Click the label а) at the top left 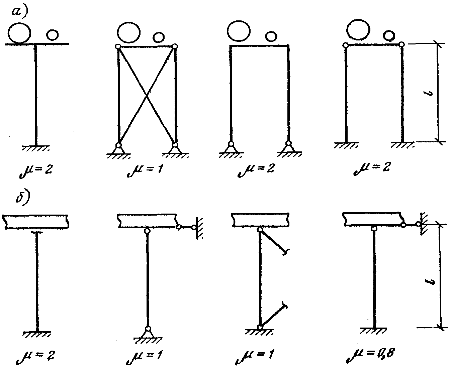[x=20, y=11]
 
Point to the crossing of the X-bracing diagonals [x=146, y=95]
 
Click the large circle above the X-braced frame [x=129, y=32]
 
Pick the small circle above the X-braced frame [x=159, y=37]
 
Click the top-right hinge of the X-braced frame [x=175, y=46]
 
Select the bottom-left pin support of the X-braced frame [x=118, y=149]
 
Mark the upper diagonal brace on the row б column [x=274, y=242]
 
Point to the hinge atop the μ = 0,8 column [x=374, y=229]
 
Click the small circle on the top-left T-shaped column [x=52, y=35]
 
